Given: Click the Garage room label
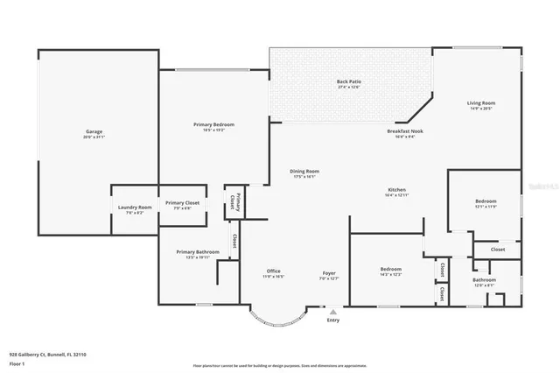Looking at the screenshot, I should [94, 132].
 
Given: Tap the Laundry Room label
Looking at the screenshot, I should [135, 208].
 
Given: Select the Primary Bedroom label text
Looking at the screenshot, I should [213, 125].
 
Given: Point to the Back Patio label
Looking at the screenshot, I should [349, 82].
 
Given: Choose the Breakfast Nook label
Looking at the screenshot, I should [404, 131].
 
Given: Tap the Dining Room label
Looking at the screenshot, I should [305, 171].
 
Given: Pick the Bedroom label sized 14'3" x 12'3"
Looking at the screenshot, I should [390, 269].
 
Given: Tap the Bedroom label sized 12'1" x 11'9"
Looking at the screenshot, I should [486, 201].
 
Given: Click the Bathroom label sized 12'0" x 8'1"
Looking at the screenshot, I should [485, 279].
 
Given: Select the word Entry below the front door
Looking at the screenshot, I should [332, 320].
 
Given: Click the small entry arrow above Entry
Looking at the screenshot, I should [332, 311].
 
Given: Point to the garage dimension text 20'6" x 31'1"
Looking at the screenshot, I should [94, 137].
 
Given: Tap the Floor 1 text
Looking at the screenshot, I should [17, 362].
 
